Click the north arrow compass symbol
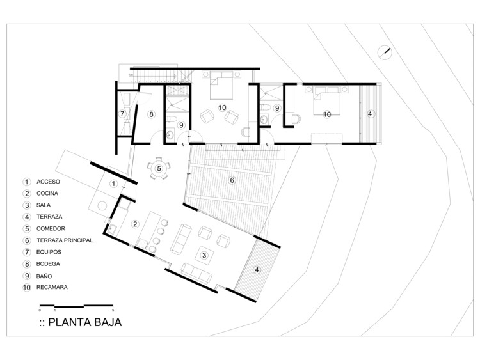tap(385, 52)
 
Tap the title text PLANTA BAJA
tap(84, 322)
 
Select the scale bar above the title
tap(77, 306)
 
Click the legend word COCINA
tap(47, 193)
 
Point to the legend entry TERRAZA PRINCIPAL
tap(65, 240)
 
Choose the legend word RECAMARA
tap(52, 287)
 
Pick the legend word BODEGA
tap(48, 263)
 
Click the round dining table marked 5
tap(159, 168)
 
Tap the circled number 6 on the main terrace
tap(232, 180)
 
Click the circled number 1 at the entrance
tap(113, 184)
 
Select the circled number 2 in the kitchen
tap(135, 224)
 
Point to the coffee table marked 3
tap(204, 255)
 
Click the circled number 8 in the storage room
tap(151, 114)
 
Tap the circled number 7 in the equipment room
tap(122, 114)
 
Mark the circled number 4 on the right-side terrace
tap(370, 114)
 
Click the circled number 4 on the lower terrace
tap(257, 270)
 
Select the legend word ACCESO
tap(49, 182)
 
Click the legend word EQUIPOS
tap(49, 252)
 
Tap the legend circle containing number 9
tap(27, 276)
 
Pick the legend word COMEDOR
tap(51, 228)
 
